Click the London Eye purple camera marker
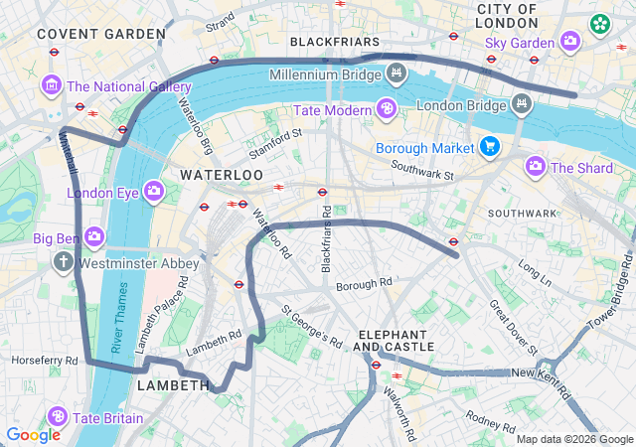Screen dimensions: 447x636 154,190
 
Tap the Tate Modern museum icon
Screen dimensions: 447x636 386,107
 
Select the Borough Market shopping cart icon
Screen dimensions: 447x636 489,148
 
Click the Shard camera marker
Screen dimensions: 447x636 536,166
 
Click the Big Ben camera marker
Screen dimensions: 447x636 94,236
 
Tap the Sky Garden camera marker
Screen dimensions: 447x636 570,41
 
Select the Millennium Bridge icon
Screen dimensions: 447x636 397,73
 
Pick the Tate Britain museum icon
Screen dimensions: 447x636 58,416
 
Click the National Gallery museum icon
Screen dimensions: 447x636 51,86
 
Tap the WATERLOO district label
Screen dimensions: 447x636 222,175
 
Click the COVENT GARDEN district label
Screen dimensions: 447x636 101,34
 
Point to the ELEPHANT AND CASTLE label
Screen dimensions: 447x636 394,341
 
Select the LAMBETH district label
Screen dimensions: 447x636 173,384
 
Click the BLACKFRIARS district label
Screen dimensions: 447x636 335,42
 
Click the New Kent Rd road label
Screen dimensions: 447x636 538,372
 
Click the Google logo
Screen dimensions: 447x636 33,434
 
